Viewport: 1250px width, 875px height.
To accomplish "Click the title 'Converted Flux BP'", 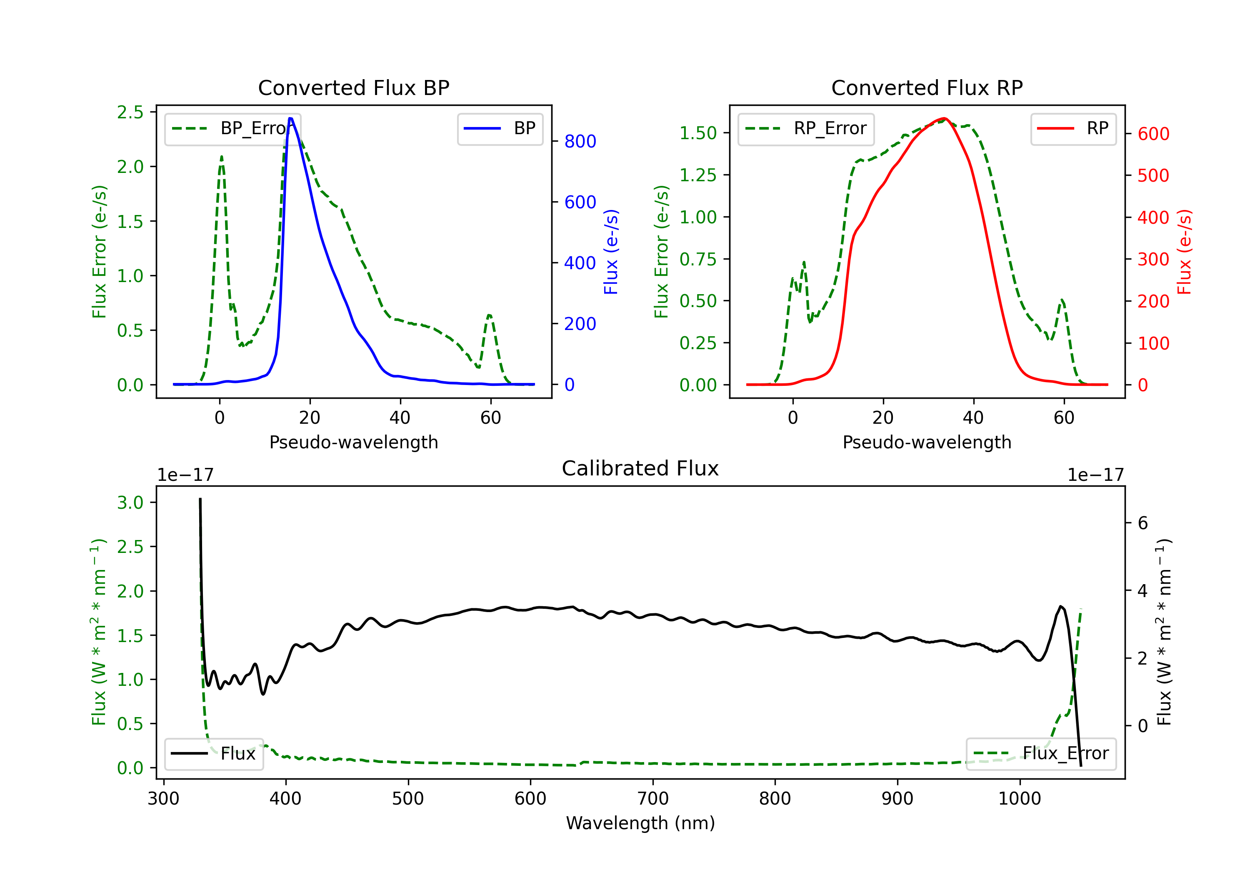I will [x=353, y=87].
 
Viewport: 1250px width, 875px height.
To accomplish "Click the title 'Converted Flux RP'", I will [x=927, y=87].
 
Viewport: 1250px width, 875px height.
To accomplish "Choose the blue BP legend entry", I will [x=500, y=128].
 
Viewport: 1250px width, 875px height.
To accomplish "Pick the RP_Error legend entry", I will [x=806, y=128].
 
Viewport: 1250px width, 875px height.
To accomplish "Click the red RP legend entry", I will [x=1073, y=128].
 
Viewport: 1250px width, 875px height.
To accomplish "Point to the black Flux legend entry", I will [x=213, y=754].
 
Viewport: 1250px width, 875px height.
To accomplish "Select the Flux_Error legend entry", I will [x=1040, y=754].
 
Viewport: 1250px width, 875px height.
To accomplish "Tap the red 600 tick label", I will [x=1153, y=134].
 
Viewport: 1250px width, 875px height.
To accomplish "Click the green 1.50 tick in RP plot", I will [x=697, y=133].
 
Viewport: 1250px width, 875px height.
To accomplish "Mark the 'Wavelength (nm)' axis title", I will [x=640, y=823].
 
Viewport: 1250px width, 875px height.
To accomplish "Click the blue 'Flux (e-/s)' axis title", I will [x=611, y=252].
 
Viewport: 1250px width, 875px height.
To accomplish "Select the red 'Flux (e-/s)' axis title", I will [x=1184, y=252].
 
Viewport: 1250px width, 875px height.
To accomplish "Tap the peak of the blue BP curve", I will [x=291, y=118].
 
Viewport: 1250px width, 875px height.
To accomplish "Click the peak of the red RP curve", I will [x=944, y=118].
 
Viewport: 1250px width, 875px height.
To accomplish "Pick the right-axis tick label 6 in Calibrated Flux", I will [x=1143, y=523].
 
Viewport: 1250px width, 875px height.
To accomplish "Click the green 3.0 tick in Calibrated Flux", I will [x=130, y=502].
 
